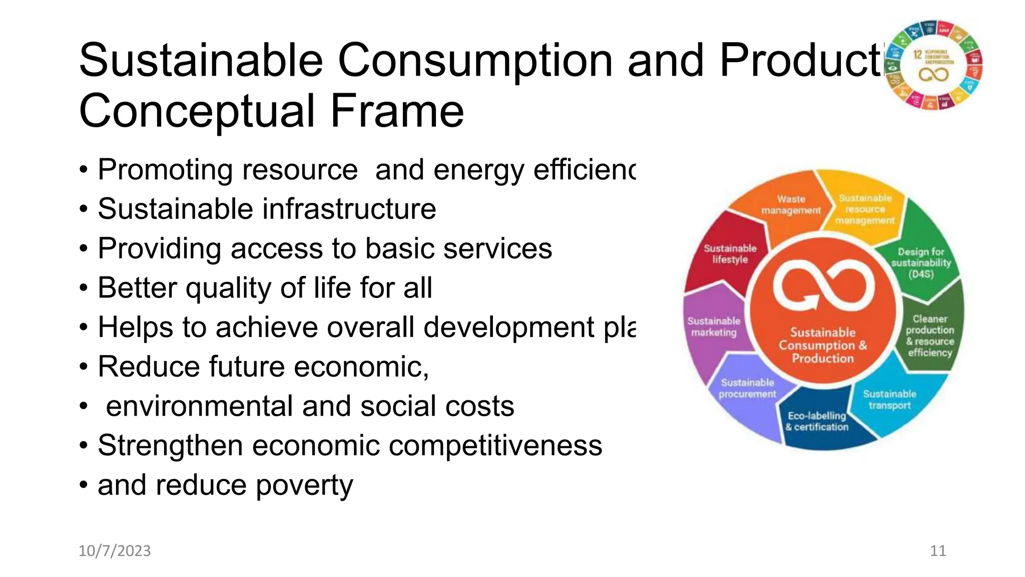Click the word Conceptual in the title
198,111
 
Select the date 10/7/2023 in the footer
115,550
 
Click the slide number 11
937,550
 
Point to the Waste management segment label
791,205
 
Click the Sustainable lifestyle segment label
730,254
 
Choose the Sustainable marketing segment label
714,327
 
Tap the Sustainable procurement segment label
747,388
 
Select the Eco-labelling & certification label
817,421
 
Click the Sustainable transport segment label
889,399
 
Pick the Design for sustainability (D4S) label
921,262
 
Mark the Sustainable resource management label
865,209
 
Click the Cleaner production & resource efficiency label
930,336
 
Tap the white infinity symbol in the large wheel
823,286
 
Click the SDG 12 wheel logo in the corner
933,65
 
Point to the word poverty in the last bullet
304,485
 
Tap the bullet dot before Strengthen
84,445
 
